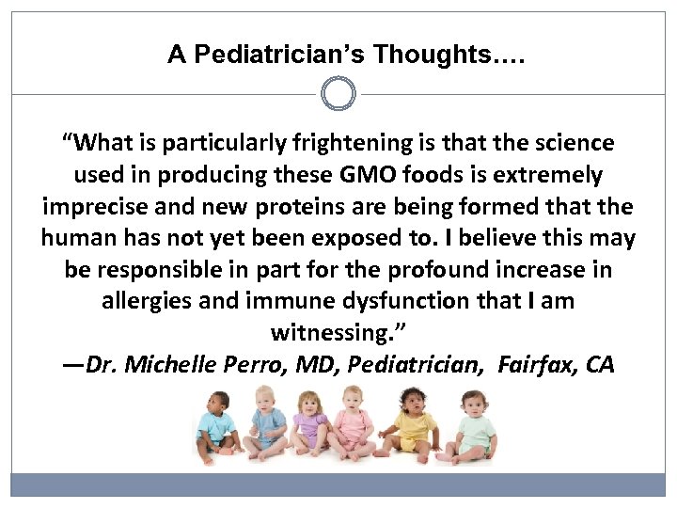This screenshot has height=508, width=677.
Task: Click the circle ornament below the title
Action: pyautogui.click(x=338, y=94)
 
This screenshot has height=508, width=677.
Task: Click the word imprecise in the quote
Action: pyautogui.click(x=93, y=207)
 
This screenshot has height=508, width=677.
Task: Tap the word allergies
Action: pyautogui.click(x=147, y=302)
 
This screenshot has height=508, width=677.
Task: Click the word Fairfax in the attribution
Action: pyautogui.click(x=537, y=365)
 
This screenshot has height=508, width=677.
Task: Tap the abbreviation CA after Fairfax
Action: pyautogui.click(x=599, y=365)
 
